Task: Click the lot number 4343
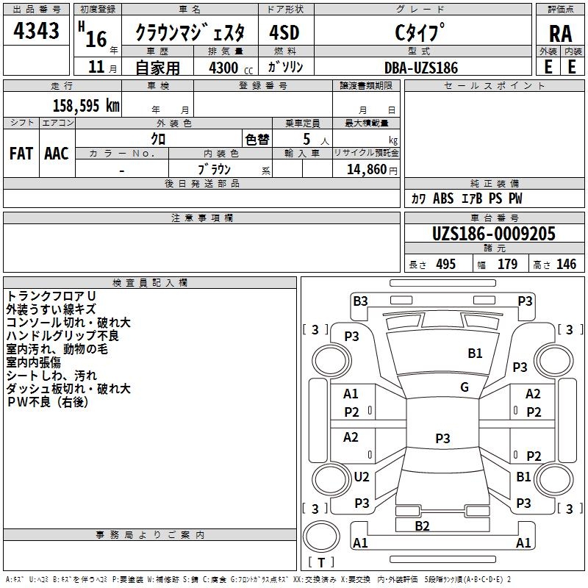point(36,31)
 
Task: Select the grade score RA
point(560,34)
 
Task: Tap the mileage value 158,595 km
point(86,106)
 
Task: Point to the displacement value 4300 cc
point(231,68)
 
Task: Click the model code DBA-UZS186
point(421,68)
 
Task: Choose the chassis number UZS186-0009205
point(494,234)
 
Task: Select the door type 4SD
point(284,32)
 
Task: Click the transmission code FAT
point(21,154)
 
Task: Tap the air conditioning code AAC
point(57,154)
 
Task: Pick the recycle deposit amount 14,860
point(366,170)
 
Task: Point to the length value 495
point(446,265)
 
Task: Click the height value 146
point(566,265)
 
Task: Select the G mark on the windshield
point(465,387)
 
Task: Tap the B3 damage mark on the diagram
point(360,301)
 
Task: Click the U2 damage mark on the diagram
point(362,477)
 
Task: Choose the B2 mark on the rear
point(422,526)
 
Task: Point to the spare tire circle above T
point(321,537)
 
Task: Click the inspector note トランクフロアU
point(51,296)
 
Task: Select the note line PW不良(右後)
point(48,402)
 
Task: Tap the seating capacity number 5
point(306,139)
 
